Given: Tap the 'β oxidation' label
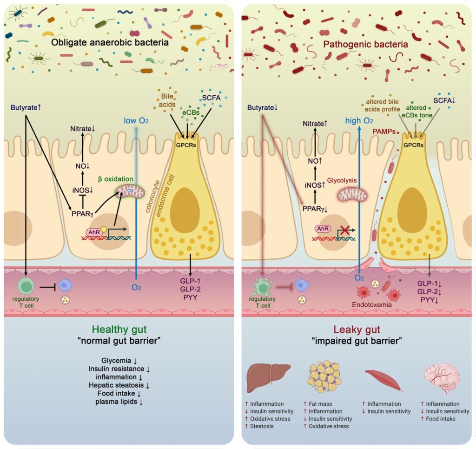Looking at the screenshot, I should [116, 178].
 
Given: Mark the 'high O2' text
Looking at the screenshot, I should [359, 121].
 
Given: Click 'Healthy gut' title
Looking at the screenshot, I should [119, 330].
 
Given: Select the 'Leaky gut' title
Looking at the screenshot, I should [357, 330].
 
